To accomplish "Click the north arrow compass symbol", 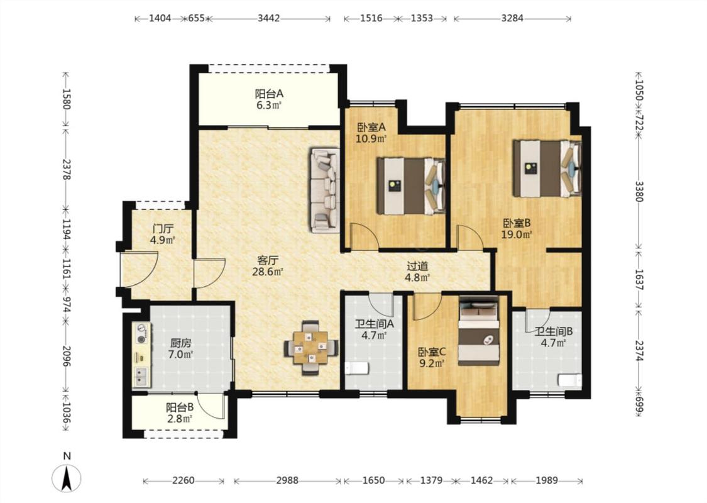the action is (x=67, y=477).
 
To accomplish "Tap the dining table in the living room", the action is (x=310, y=348).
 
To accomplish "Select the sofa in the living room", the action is (x=325, y=190).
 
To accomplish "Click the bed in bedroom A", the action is (x=411, y=186).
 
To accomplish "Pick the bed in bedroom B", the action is (x=547, y=169).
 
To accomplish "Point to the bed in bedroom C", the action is (x=479, y=331).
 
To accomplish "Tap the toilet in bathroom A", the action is (x=357, y=368).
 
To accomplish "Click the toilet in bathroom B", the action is (x=570, y=380).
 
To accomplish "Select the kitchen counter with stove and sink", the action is (x=141, y=354).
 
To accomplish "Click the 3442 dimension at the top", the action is (x=269, y=18).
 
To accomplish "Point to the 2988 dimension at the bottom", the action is (x=287, y=480).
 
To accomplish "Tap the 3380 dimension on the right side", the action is (x=639, y=191).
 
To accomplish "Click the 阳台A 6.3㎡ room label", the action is (x=269, y=100).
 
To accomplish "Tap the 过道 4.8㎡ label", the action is (x=417, y=272).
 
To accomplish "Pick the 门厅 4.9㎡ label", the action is (x=163, y=234).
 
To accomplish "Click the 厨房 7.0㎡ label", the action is (x=180, y=349).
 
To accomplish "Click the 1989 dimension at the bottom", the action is (x=547, y=480).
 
